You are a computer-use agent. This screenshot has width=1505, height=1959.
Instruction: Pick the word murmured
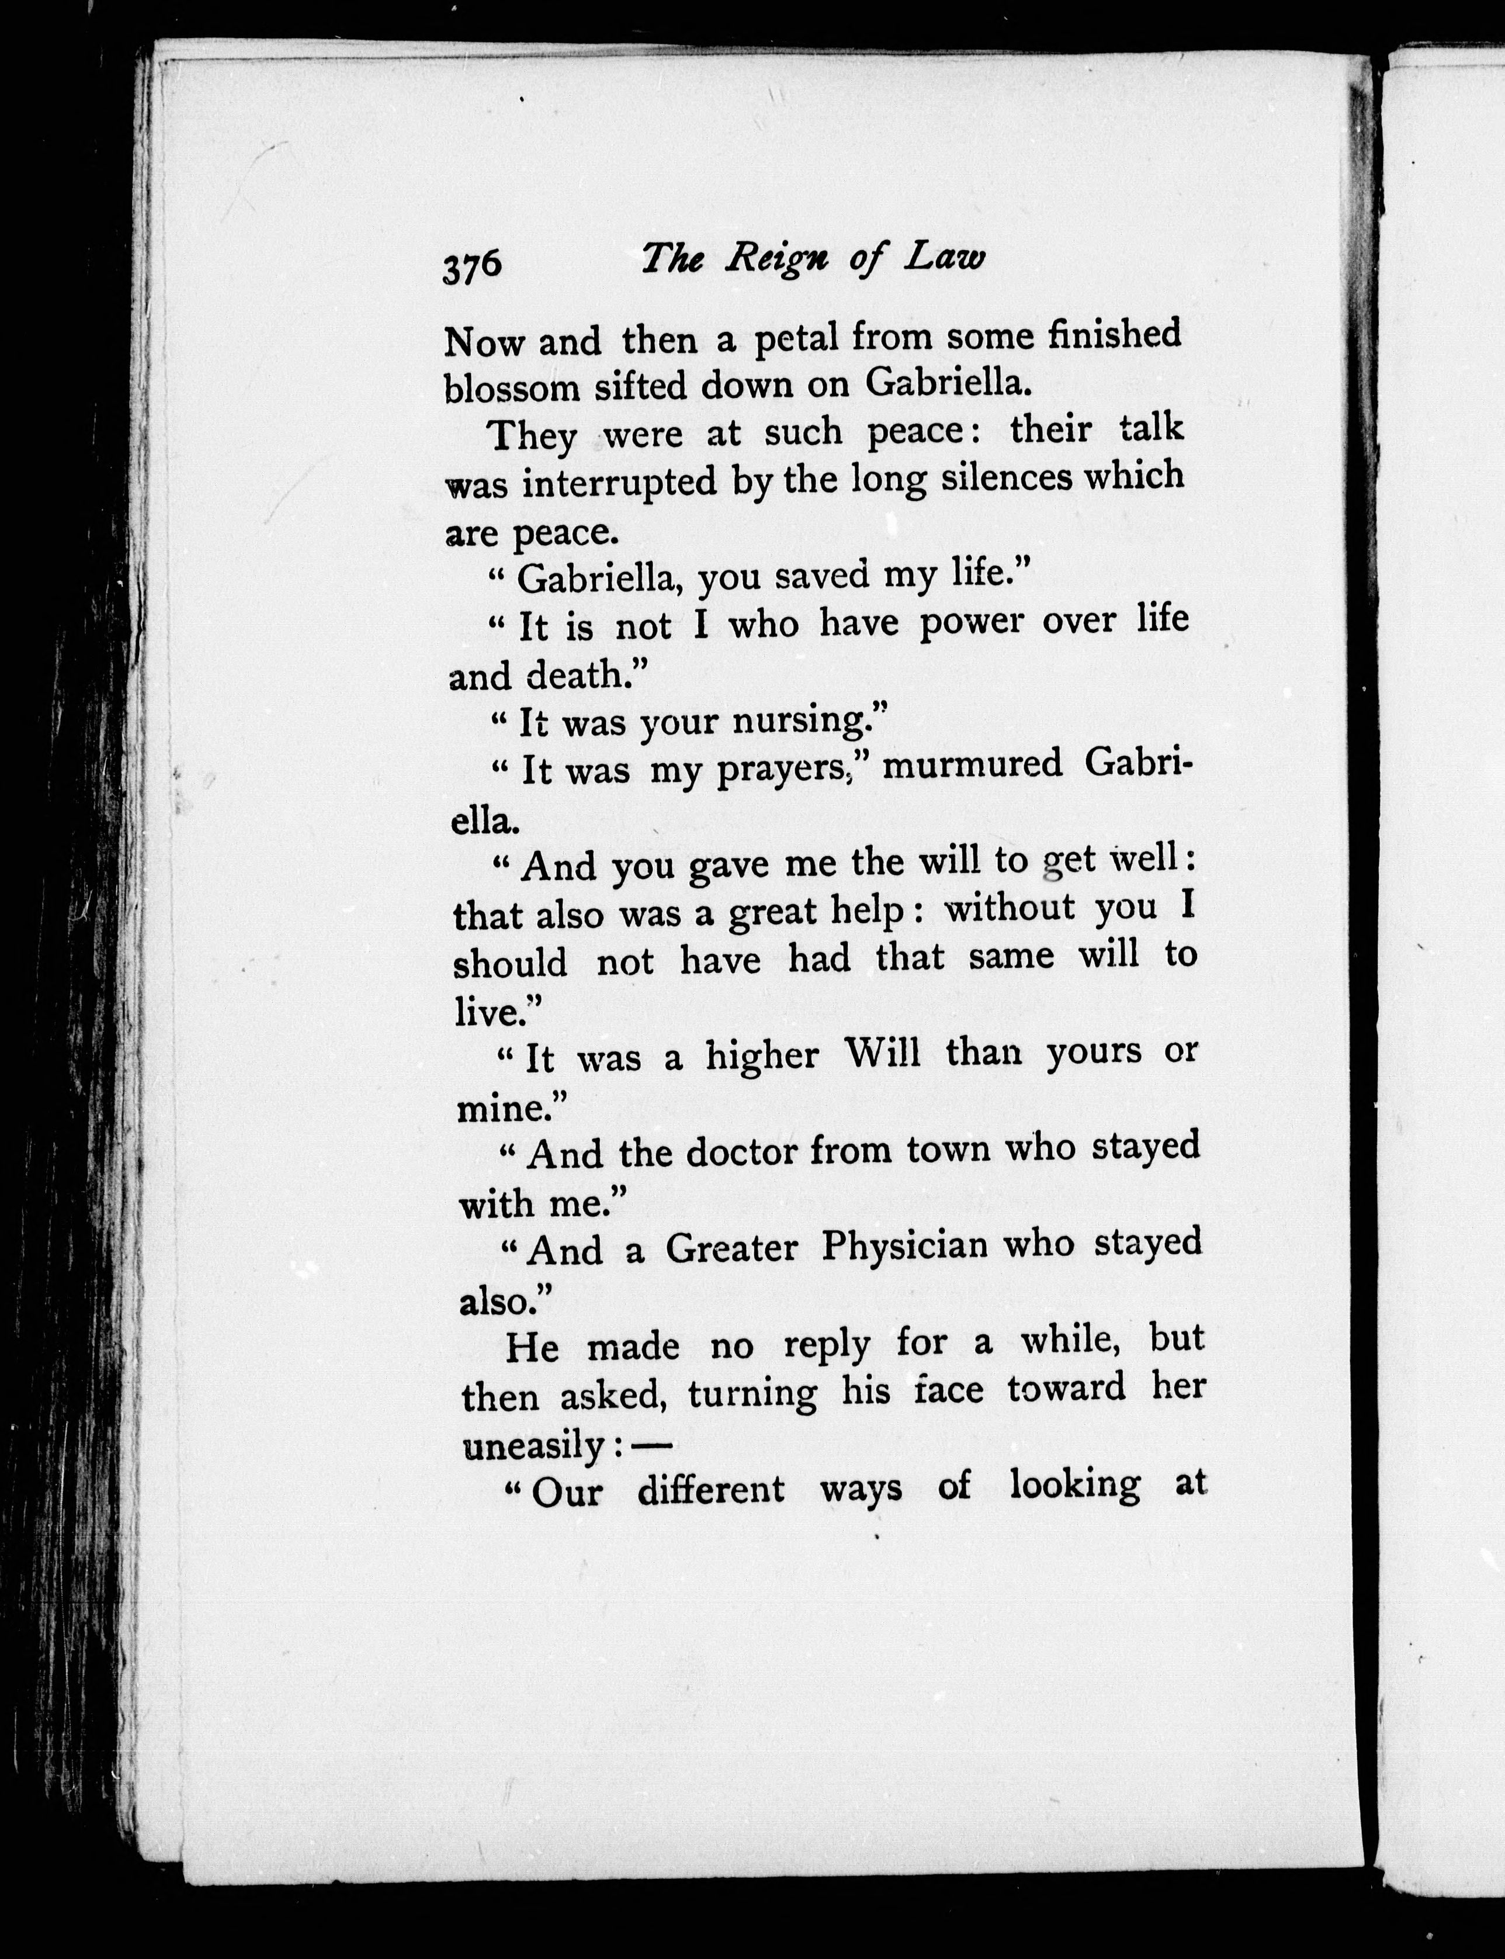pos(971,766)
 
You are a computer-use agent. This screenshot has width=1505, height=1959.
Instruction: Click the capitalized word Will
pos(882,1052)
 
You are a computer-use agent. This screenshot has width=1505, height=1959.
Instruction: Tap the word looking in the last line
pos(1074,1487)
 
